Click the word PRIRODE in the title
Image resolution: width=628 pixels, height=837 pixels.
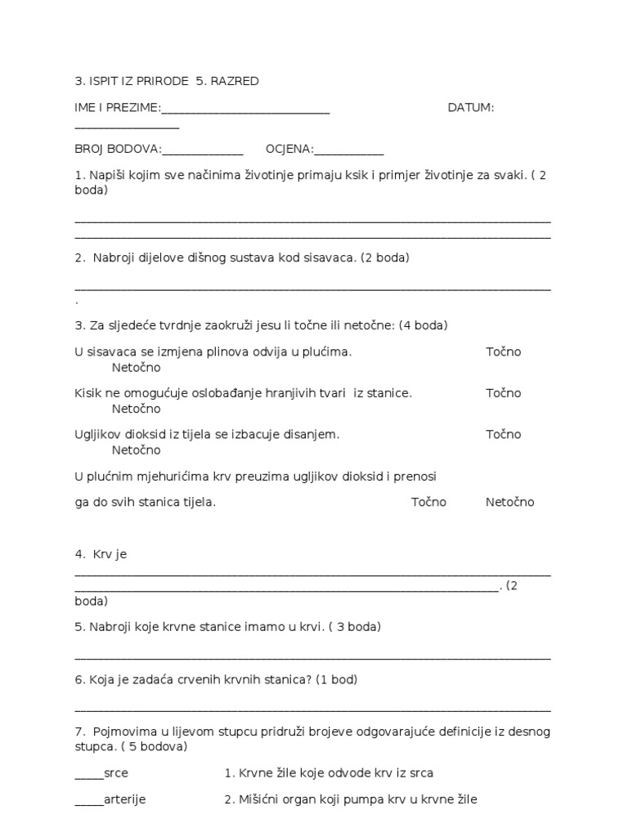tap(159, 82)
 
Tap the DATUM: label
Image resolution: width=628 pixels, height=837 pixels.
tap(471, 108)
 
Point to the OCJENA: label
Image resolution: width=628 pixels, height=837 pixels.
tap(289, 149)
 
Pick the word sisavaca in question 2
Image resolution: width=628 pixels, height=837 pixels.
tap(334, 257)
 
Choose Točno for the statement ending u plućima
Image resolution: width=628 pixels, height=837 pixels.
tap(503, 351)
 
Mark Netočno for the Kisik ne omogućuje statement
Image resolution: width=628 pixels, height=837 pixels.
tap(137, 409)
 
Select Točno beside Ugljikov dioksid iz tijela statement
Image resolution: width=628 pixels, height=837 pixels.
tap(503, 434)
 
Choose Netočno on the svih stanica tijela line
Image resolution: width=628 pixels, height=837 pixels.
tap(509, 502)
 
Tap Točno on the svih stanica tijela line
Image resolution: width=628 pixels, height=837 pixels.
tap(428, 502)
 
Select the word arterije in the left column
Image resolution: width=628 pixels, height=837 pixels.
tap(125, 799)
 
